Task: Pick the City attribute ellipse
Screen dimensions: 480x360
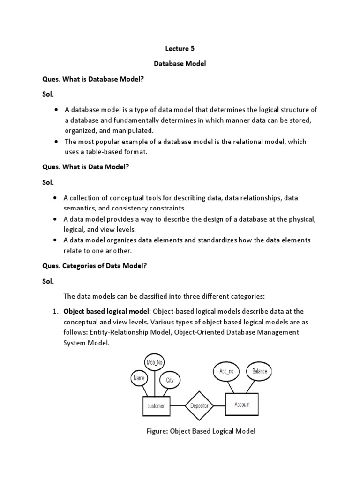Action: pos(170,380)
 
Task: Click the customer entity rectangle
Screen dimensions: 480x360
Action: pos(156,406)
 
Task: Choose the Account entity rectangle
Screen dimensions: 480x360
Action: pos(242,404)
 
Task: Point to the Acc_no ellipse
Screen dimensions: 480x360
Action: pos(226,371)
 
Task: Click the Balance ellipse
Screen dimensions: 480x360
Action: pos(259,371)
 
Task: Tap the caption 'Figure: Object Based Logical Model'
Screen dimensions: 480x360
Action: pos(201,431)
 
